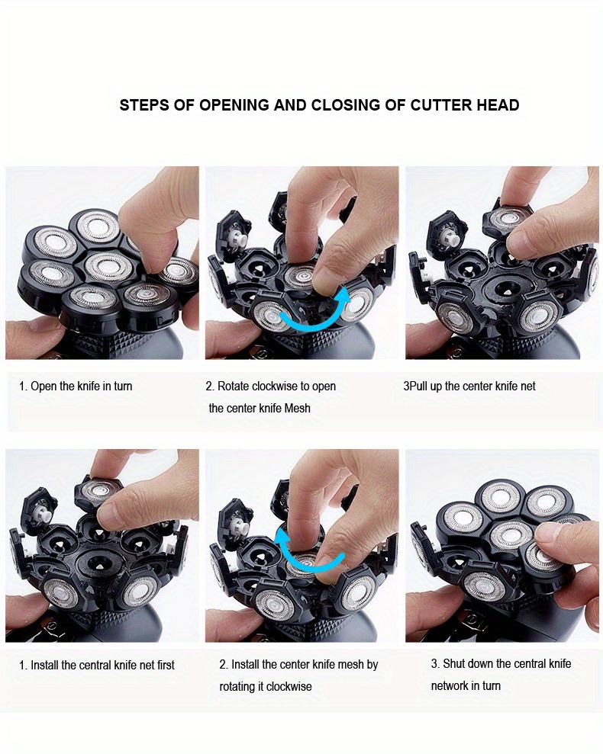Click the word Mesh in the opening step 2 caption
[297, 408]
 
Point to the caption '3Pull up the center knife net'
[469, 386]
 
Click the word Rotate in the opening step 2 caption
[234, 386]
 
